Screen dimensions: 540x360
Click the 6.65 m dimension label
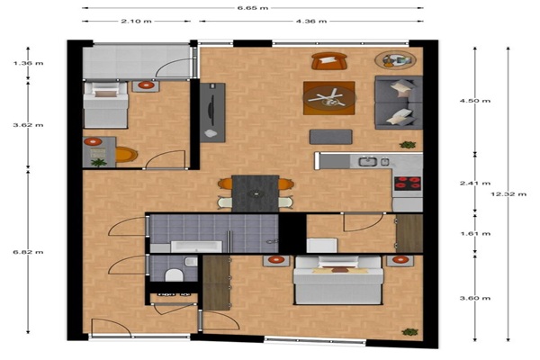253,8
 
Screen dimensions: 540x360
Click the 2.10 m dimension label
136,21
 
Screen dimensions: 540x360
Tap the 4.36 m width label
311,21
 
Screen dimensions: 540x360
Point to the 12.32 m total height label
508,194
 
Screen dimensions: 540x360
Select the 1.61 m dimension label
475,234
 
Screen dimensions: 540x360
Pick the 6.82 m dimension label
28,252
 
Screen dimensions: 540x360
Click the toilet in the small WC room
174,274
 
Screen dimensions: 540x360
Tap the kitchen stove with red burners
408,184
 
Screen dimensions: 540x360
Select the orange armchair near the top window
329,61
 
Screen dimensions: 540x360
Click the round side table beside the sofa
395,60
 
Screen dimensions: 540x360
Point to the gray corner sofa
399,103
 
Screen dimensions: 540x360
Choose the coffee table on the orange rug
328,98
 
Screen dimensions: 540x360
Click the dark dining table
256,193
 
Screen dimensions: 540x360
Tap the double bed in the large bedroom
338,280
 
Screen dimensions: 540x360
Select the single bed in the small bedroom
105,104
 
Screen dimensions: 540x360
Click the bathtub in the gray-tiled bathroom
196,247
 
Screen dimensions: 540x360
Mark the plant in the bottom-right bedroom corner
409,332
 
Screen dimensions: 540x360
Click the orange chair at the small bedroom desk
126,155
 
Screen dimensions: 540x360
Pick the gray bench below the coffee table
330,137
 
